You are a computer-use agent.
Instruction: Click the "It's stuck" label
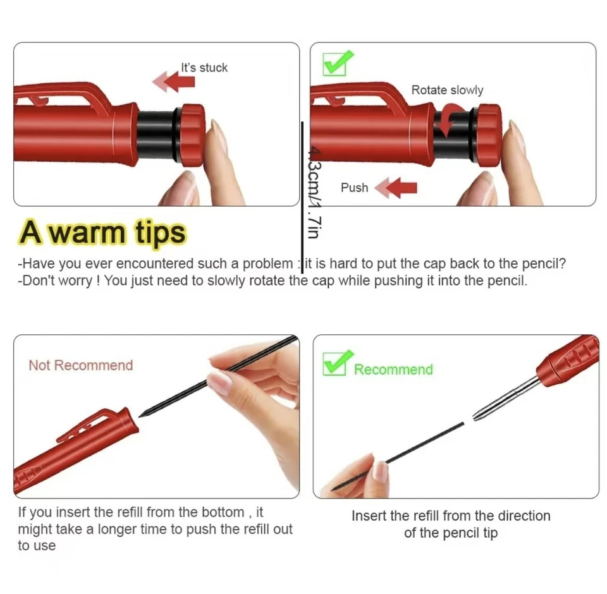204,68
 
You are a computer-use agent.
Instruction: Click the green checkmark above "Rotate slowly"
338,62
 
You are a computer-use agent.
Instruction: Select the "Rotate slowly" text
447,90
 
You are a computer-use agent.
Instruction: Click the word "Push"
354,188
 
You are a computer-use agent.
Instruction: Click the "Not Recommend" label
80,365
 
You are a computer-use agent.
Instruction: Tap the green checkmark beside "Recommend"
338,363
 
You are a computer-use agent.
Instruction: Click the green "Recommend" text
393,370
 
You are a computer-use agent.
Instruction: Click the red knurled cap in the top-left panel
192,135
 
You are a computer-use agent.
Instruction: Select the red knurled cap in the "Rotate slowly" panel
489,135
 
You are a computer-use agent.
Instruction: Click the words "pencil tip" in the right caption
467,533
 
